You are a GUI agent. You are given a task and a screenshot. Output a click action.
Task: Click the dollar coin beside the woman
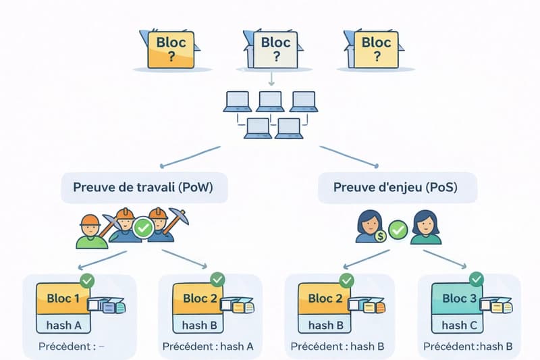point(381,235)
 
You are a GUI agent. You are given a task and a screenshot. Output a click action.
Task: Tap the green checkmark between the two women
point(398,230)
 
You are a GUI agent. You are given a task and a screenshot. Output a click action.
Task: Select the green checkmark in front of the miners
point(143,228)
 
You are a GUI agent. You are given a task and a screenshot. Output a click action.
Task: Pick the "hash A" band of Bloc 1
point(64,324)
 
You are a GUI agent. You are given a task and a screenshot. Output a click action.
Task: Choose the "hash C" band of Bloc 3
point(458,324)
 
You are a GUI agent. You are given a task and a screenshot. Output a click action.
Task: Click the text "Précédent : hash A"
point(208,347)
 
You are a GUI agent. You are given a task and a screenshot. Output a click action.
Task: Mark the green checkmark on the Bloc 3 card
point(477,278)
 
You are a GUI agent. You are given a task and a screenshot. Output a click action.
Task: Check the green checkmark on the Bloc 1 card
point(86,278)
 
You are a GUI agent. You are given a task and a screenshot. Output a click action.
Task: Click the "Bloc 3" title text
point(458,298)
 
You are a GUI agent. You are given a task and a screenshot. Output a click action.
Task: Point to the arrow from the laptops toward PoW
point(191,156)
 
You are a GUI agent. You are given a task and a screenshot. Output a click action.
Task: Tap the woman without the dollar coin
point(426,228)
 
